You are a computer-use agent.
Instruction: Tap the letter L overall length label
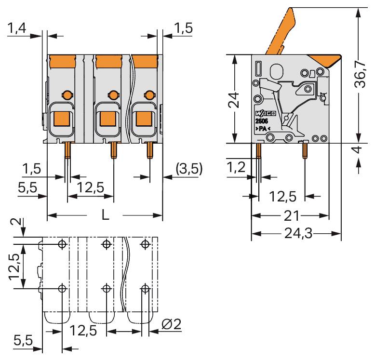105,215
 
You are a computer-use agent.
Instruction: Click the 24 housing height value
234,100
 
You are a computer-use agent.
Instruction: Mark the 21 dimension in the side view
291,215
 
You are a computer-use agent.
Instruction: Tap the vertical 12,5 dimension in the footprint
15,267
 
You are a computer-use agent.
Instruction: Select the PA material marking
263,129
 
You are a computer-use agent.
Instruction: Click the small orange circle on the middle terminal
113,94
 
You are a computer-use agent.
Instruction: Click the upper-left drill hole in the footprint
62,244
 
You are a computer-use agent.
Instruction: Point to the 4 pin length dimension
357,150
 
